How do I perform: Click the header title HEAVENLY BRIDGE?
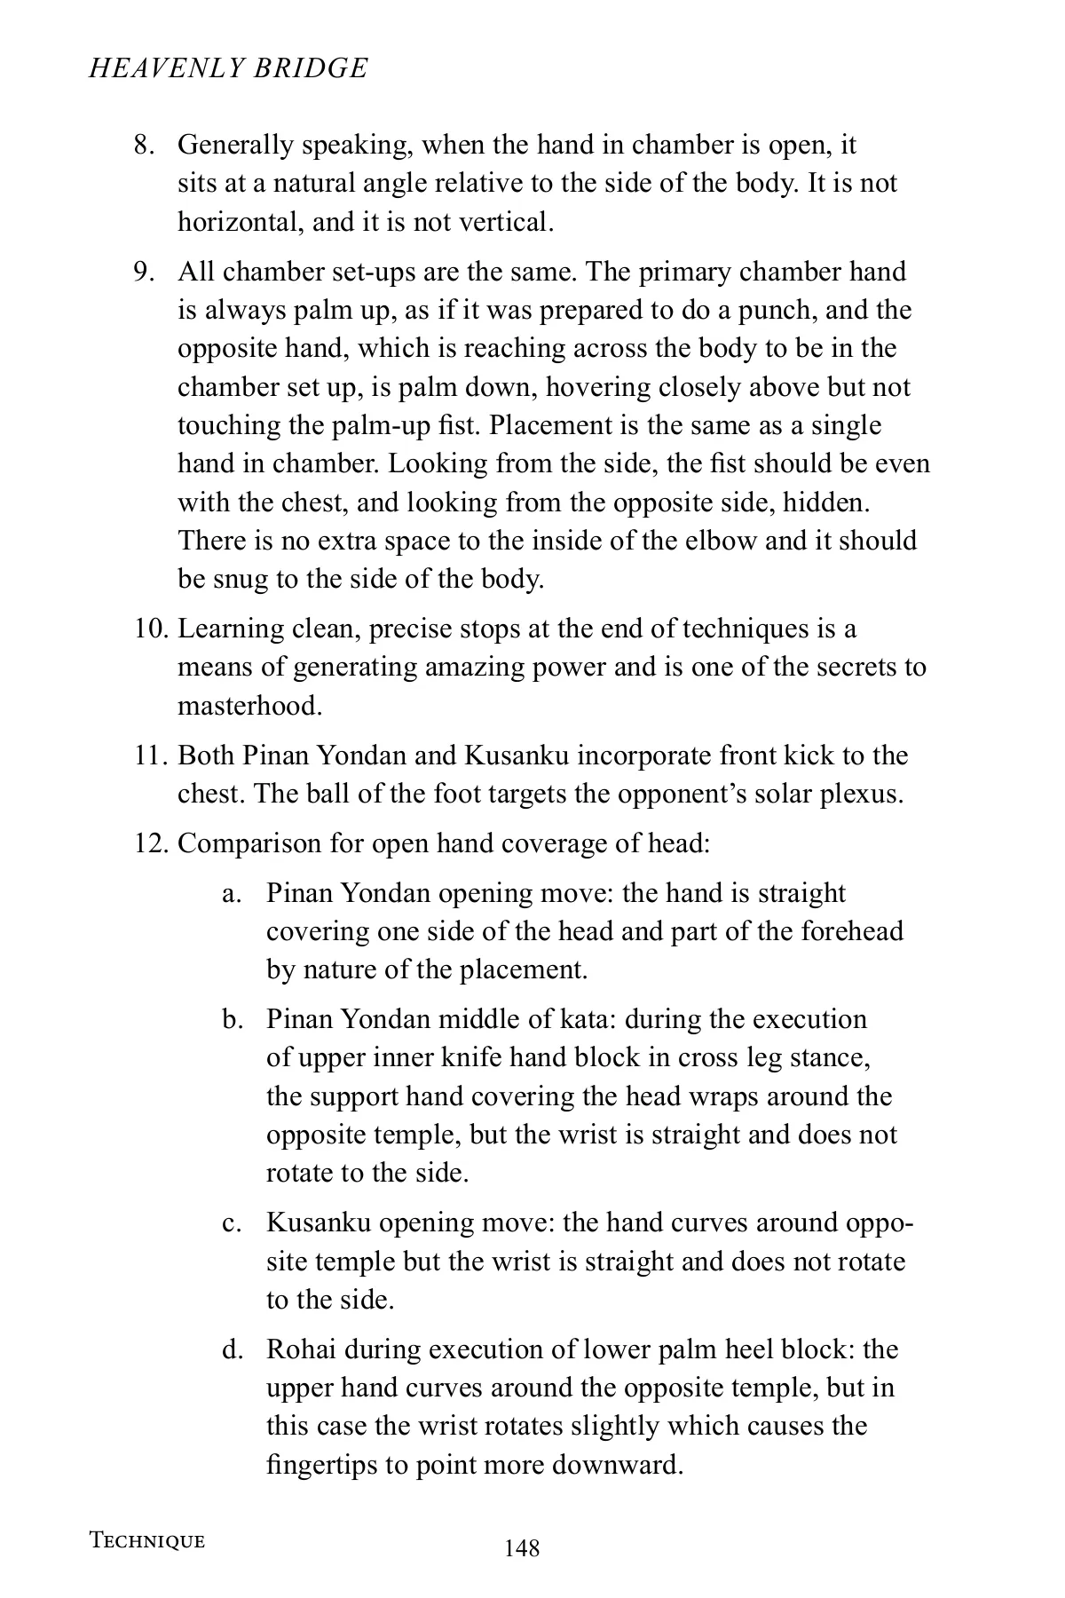click(228, 68)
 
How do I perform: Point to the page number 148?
click(522, 1548)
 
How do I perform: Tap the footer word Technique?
click(146, 1540)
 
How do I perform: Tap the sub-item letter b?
click(232, 1019)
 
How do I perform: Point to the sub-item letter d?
click(232, 1350)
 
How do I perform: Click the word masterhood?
click(249, 707)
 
